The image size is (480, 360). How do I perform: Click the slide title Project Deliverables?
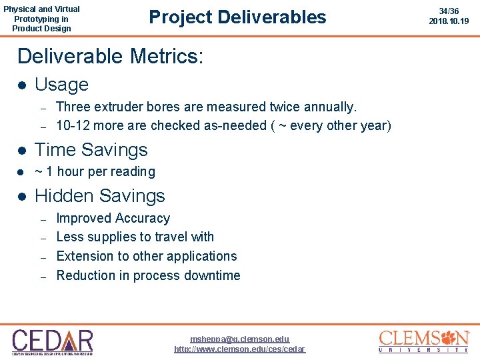pyautogui.click(x=237, y=17)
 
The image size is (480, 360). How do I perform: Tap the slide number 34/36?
pyautogui.click(x=449, y=11)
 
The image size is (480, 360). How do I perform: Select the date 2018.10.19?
pyautogui.click(x=449, y=21)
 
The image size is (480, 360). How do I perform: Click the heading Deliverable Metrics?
pyautogui.click(x=110, y=55)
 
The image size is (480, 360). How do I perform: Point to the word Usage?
pyautogui.click(x=61, y=85)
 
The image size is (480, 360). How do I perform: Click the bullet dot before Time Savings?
pyautogui.click(x=21, y=151)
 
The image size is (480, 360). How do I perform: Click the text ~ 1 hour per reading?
pyautogui.click(x=95, y=171)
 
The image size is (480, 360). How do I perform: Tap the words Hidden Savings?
pyautogui.click(x=99, y=196)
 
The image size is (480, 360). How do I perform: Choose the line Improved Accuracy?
pyautogui.click(x=113, y=218)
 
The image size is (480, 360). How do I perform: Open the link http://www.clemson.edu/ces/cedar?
pyautogui.click(x=239, y=349)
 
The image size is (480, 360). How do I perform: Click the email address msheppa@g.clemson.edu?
pyautogui.click(x=239, y=339)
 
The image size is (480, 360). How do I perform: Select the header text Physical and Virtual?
pyautogui.click(x=41, y=9)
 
